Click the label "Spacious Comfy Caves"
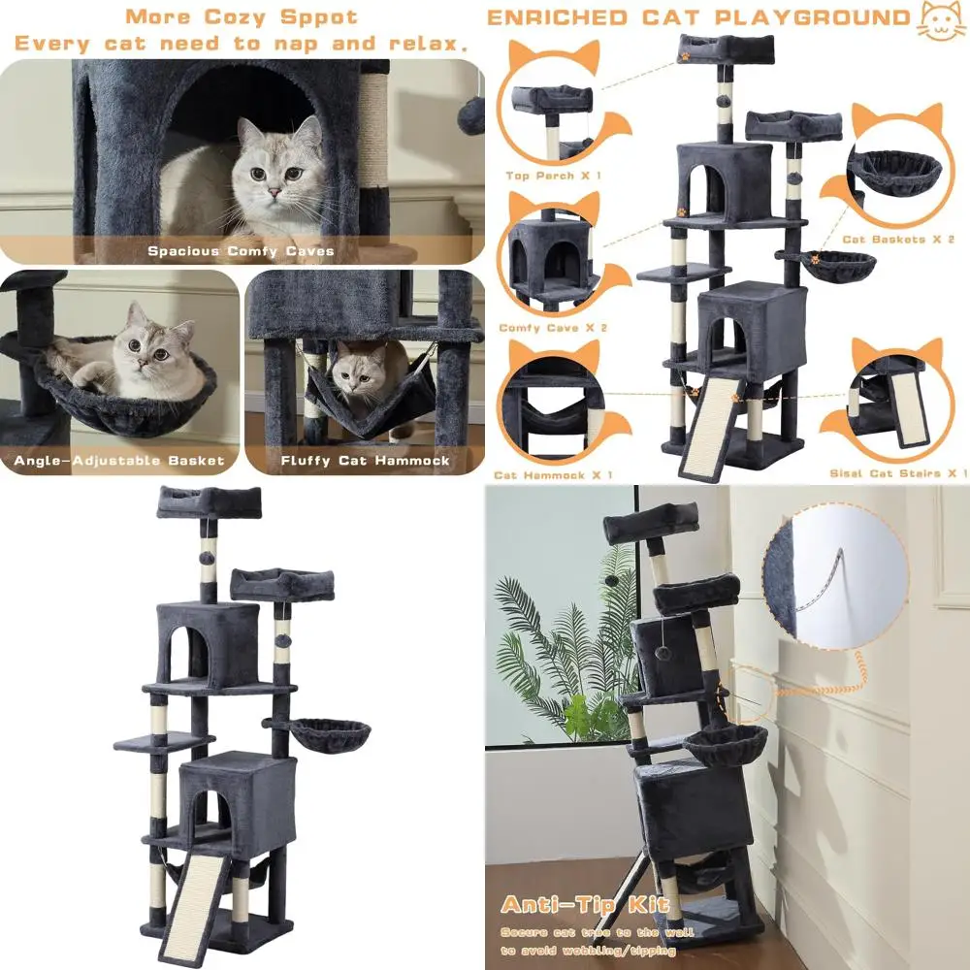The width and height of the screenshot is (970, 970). pos(241,251)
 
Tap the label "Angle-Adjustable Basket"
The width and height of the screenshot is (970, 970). pos(119,461)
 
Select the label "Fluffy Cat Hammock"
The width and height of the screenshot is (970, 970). pos(365,461)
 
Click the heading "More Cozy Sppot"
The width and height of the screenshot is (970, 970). pos(241,17)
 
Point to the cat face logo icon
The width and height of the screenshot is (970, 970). pos(941,18)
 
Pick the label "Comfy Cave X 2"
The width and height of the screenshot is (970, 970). pos(553,328)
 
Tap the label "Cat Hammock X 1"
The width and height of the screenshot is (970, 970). pos(553,475)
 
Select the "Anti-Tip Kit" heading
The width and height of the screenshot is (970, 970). pos(585,906)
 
